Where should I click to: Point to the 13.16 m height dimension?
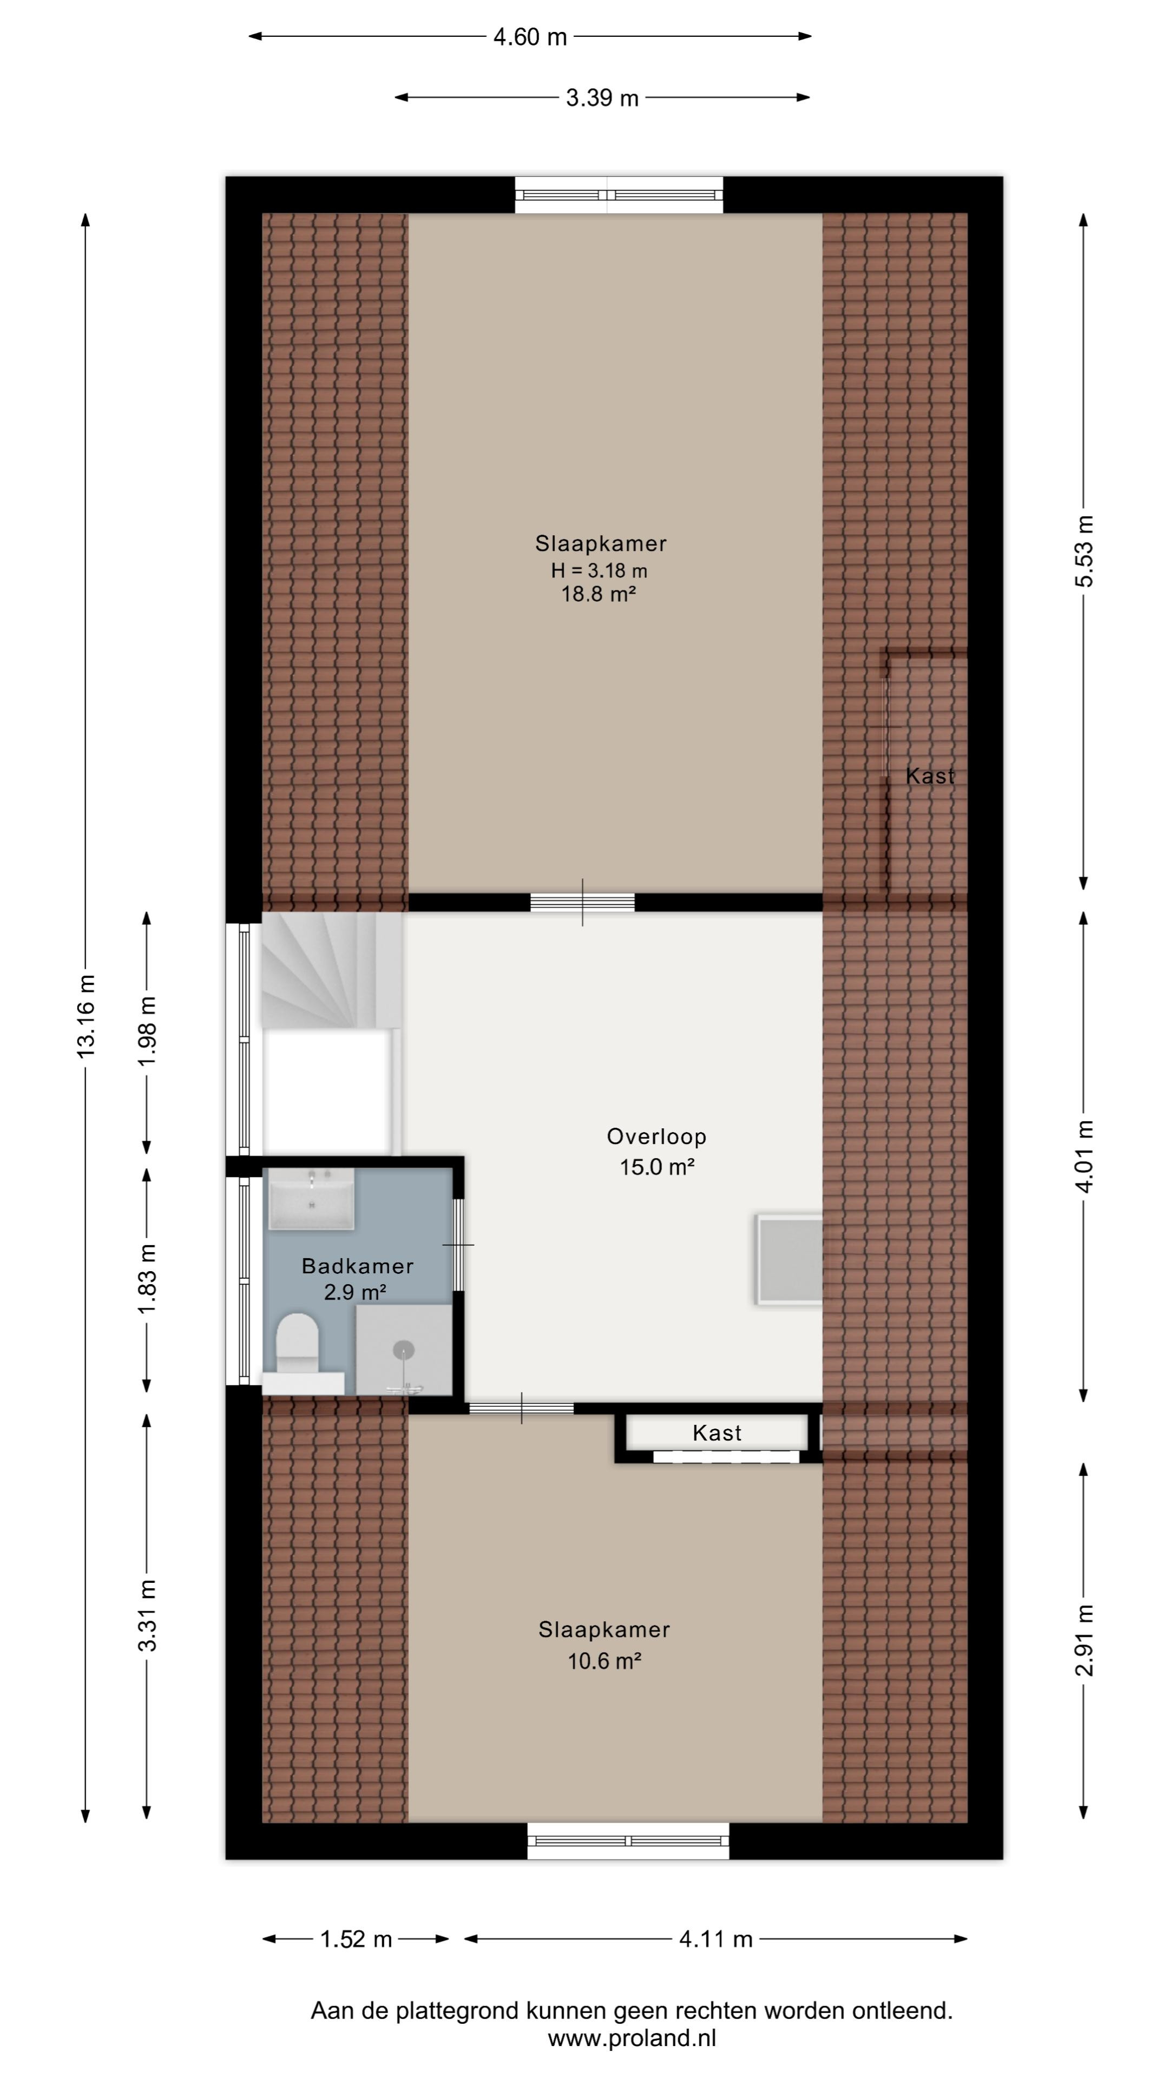click(86, 1015)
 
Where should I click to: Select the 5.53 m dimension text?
click(1085, 551)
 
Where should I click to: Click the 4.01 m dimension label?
click(1085, 1156)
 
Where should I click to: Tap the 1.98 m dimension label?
click(147, 1031)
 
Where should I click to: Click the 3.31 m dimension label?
click(147, 1614)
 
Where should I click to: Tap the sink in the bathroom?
click(311, 1200)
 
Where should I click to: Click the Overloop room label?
click(656, 1136)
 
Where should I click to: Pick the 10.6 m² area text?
click(605, 1661)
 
